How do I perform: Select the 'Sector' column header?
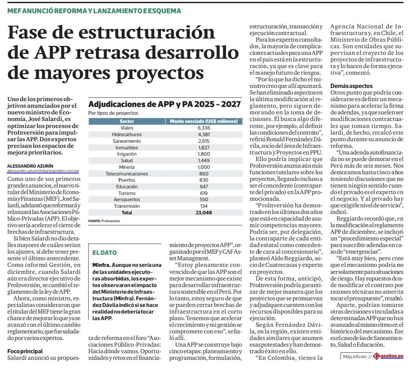pos(127,121)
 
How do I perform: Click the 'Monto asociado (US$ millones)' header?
pos(204,121)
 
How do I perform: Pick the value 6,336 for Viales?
pos(203,128)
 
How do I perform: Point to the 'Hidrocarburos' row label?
pos(127,134)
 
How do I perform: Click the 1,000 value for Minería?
pos(203,167)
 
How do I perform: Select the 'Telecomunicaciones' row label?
pos(127,173)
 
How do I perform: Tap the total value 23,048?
pos(203,213)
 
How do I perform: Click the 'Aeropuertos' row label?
pos(127,200)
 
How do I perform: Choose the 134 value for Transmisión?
pos(203,206)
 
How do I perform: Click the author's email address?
pos(43,171)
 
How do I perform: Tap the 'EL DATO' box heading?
pos(105,253)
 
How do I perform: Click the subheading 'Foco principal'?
pos(25,351)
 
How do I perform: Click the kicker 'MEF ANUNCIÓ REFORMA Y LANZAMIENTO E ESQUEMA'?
pos(94,11)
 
